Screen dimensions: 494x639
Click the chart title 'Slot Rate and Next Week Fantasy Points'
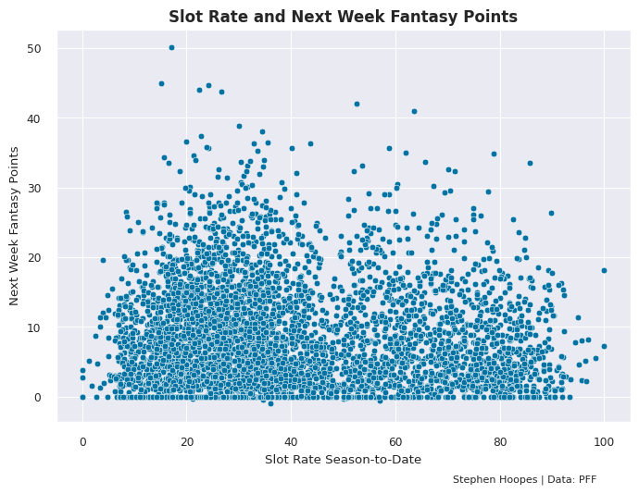(343, 17)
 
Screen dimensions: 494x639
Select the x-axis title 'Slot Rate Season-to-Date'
(343, 459)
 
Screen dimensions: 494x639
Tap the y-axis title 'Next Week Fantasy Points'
(14, 226)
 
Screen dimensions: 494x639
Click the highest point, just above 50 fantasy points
(171, 47)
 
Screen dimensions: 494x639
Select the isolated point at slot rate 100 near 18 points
(604, 270)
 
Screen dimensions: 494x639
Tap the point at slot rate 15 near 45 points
(161, 83)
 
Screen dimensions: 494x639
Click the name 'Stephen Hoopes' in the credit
(486, 479)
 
